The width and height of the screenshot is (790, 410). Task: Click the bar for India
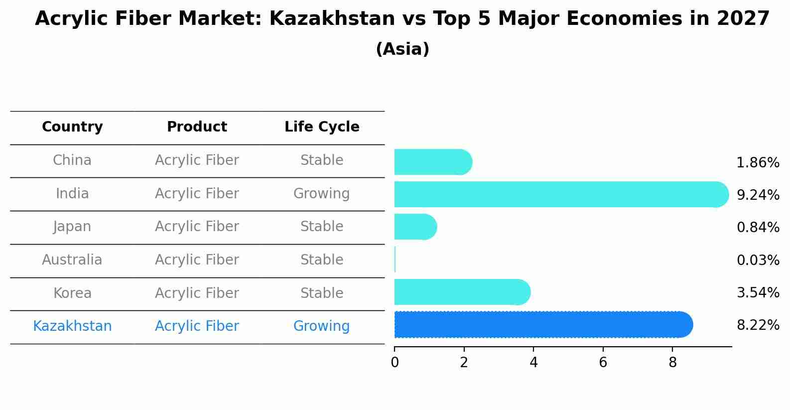point(560,194)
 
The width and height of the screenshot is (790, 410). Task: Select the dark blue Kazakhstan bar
point(543,325)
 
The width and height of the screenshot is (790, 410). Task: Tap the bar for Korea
point(462,292)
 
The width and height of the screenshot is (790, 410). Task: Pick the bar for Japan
point(415,227)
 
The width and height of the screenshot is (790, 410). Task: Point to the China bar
point(432,162)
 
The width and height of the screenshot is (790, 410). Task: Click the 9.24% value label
point(758,195)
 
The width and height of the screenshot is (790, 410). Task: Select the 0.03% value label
point(758,261)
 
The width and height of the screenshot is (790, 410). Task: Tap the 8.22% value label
point(758,325)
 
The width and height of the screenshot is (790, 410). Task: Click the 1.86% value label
point(758,163)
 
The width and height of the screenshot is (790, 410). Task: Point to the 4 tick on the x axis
point(533,363)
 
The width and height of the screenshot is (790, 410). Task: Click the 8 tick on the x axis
point(672,363)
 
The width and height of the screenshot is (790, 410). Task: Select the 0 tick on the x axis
point(395,363)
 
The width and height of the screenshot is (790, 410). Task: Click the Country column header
point(72,127)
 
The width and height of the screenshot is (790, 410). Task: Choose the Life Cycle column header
point(322,127)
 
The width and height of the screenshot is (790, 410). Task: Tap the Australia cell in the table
point(72,260)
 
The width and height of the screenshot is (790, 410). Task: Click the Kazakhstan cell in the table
point(72,326)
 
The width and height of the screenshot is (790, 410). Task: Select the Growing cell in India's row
point(321,194)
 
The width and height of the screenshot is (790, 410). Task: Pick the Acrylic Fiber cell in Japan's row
point(197,227)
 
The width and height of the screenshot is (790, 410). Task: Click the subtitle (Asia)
point(402,49)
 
